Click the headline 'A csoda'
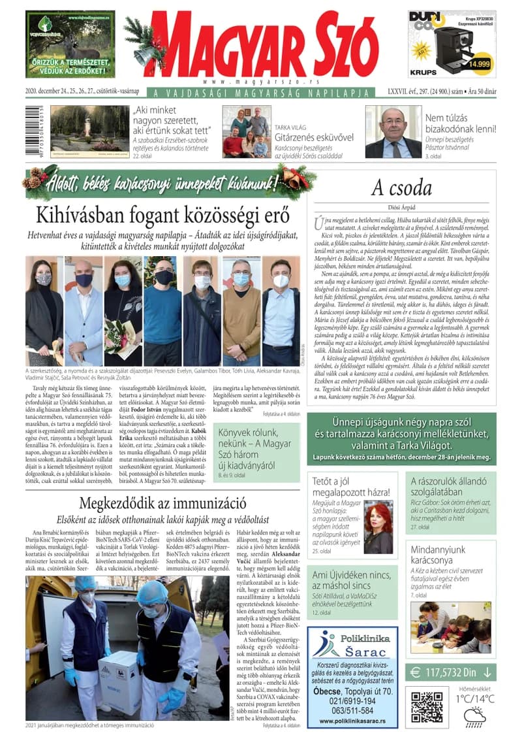pyautogui.click(x=401, y=188)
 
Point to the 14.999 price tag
pyautogui.click(x=479, y=63)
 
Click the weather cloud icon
pyautogui.click(x=474, y=716)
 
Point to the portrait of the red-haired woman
pyautogui.click(x=378, y=528)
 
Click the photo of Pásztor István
pyautogui.click(x=393, y=131)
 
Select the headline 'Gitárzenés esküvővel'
pyautogui.click(x=313, y=137)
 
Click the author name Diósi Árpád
pyautogui.click(x=401, y=208)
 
